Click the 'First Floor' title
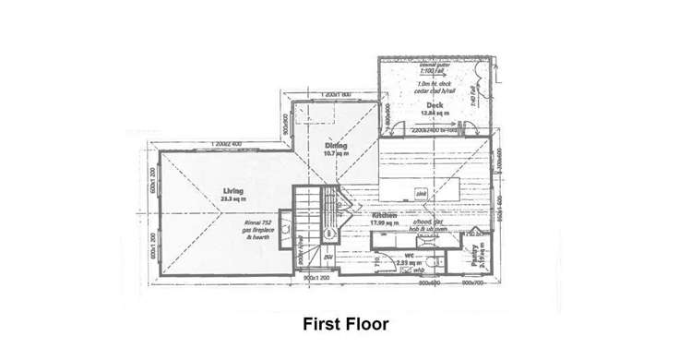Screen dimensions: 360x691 345,325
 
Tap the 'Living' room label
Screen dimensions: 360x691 232,190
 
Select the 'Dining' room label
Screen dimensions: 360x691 334,145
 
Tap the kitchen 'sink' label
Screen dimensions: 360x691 420,194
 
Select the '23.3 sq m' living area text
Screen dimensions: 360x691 232,198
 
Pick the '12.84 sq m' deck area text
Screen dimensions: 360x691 432,114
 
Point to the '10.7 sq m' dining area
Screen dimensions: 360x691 334,153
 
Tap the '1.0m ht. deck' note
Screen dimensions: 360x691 435,84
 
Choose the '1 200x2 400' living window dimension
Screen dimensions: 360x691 225,144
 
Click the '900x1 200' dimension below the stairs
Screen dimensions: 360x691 316,278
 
